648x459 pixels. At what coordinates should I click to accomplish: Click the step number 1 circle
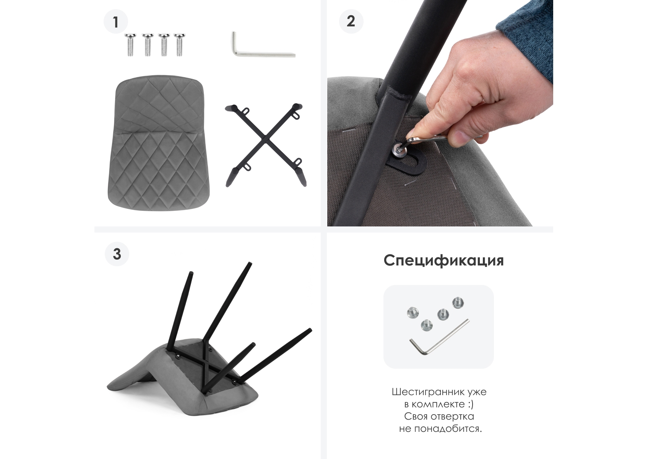(116, 21)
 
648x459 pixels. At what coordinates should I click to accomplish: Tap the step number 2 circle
(351, 21)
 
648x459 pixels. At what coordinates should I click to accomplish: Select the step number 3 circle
(117, 254)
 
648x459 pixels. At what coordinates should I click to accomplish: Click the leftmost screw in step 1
(130, 45)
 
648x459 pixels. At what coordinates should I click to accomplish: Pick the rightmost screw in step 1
(179, 45)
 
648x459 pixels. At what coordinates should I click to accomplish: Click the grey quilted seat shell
(159, 143)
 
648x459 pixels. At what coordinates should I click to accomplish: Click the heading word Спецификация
(443, 260)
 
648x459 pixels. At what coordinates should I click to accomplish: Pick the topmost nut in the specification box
(458, 303)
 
